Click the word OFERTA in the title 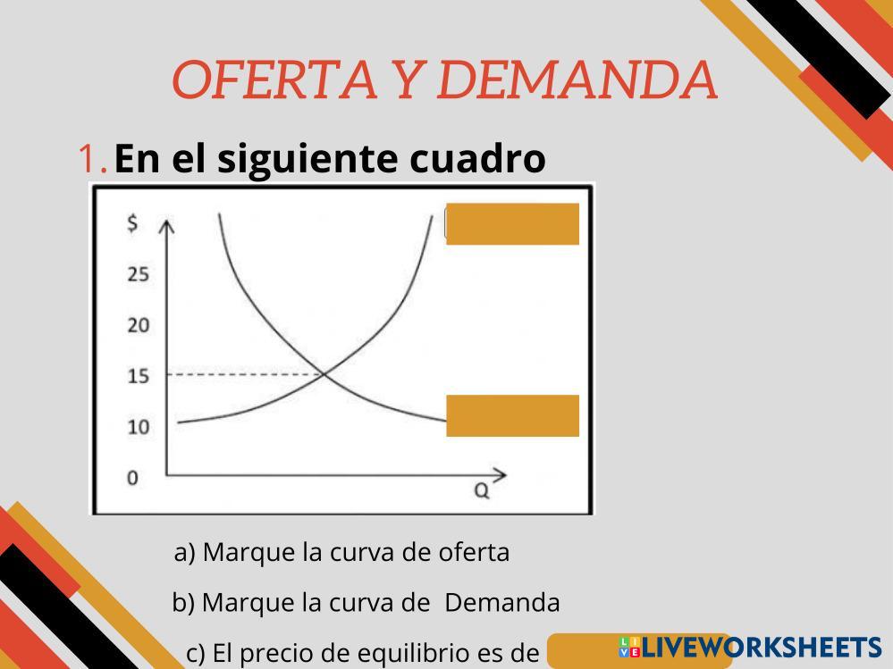coord(274,79)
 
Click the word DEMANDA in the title coord(577,79)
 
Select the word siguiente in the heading coord(308,159)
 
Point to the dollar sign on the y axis coord(132,222)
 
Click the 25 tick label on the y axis coord(139,275)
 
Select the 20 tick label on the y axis coord(139,325)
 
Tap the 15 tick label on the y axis coord(139,376)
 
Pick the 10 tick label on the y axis coord(139,427)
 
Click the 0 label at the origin coord(132,478)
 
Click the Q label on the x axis coord(482,490)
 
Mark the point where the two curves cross coord(324,373)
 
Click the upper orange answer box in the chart coord(512,223)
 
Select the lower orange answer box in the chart coord(512,416)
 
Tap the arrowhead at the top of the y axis coord(165,226)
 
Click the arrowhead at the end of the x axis coord(500,475)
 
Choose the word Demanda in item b coord(502,602)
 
